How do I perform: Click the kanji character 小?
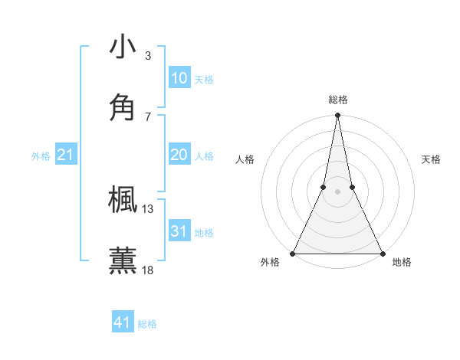point(123,47)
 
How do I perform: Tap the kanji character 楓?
point(123,200)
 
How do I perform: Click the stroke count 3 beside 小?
point(148,56)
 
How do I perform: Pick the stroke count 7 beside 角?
point(148,116)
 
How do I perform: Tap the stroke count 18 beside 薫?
point(148,270)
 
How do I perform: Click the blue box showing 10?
point(179,78)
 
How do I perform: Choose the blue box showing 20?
point(179,155)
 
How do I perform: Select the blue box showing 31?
point(179,231)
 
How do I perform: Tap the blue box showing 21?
point(66,155)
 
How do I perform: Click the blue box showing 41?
point(123,322)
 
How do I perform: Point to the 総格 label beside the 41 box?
point(147,324)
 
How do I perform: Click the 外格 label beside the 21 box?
point(41,156)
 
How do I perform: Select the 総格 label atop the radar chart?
point(337,100)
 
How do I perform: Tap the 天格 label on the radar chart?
point(431,159)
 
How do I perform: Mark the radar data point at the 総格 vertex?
point(337,116)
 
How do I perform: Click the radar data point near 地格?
point(382,253)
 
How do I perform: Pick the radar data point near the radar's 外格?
point(293,253)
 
